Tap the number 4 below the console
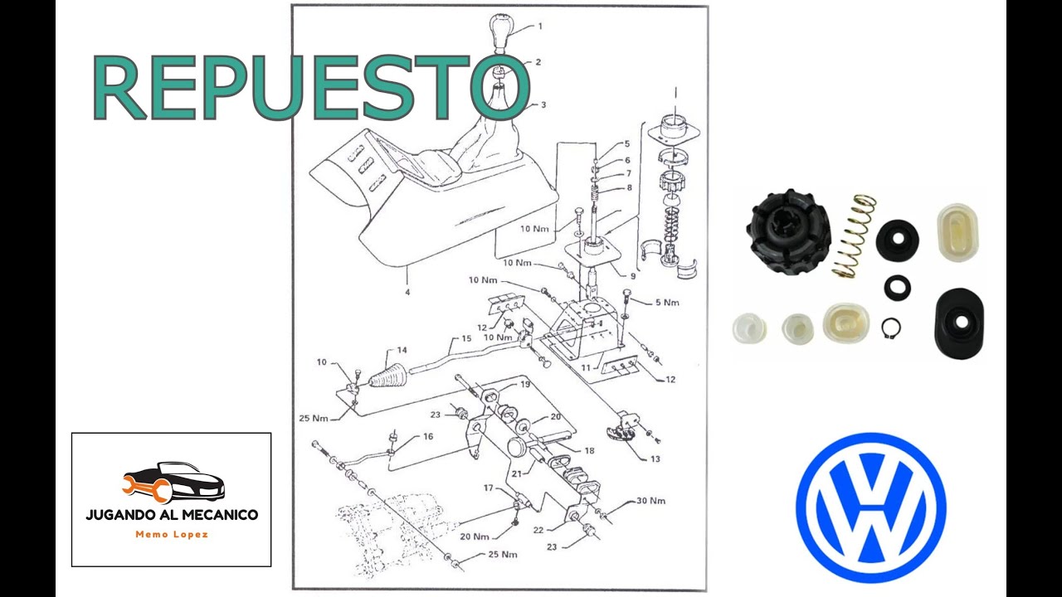pyautogui.click(x=407, y=291)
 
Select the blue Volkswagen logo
pyautogui.click(x=870, y=507)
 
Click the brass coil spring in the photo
pyautogui.click(x=854, y=235)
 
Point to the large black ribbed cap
pyautogui.click(x=787, y=230)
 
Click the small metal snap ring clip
pyautogui.click(x=891, y=328)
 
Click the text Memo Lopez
pyautogui.click(x=172, y=535)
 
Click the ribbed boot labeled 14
pyautogui.click(x=389, y=374)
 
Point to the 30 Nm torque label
pyautogui.click(x=650, y=501)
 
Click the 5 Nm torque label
pyautogui.click(x=666, y=303)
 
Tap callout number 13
pyautogui.click(x=655, y=459)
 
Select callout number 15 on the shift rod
pyautogui.click(x=466, y=338)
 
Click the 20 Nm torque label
pyautogui.click(x=474, y=536)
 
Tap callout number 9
pyautogui.click(x=632, y=276)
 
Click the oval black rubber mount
pyautogui.click(x=958, y=322)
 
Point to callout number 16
pyautogui.click(x=428, y=436)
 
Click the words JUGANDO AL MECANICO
pyautogui.click(x=172, y=515)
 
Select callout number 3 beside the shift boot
pyautogui.click(x=543, y=105)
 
